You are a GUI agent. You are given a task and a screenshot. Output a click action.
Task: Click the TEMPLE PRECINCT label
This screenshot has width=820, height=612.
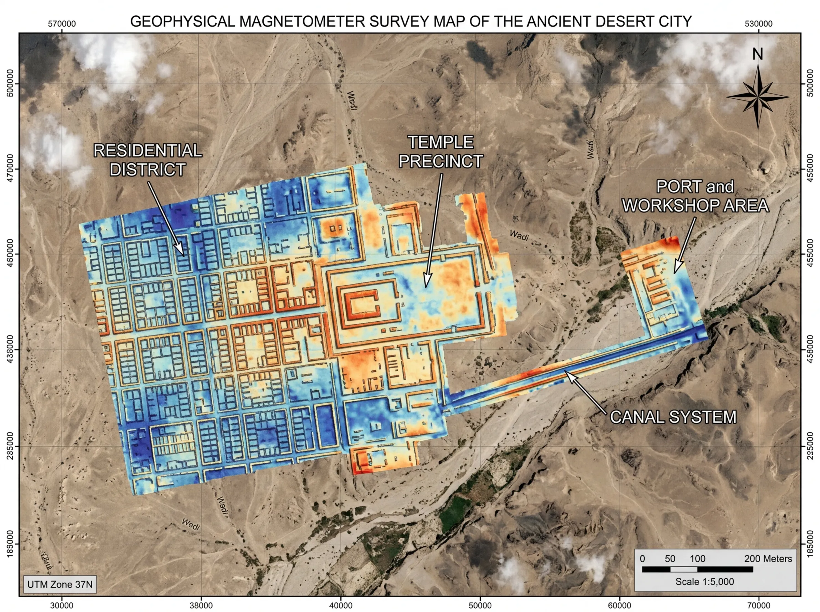(440, 152)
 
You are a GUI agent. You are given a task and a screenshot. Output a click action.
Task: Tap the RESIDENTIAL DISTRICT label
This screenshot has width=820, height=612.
(148, 160)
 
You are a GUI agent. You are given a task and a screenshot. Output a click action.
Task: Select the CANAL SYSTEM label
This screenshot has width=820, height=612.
(673, 417)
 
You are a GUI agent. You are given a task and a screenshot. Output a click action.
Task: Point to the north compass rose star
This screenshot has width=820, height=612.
(758, 97)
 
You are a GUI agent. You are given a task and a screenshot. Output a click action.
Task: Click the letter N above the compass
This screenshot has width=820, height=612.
(757, 54)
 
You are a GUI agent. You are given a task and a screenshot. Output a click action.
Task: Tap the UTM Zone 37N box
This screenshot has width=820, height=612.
(60, 585)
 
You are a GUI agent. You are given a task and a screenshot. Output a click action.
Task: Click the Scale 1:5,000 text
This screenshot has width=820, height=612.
(705, 582)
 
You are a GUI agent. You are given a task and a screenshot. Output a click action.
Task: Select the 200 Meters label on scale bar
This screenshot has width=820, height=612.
(768, 559)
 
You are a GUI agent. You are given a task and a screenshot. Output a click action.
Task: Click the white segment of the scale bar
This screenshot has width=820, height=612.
(684, 569)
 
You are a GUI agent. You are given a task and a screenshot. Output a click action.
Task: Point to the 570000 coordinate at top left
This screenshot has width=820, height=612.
(62, 24)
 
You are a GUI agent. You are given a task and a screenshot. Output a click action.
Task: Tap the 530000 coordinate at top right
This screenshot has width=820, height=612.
(758, 24)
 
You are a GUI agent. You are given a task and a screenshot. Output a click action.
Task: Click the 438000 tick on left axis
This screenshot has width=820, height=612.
(10, 350)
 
